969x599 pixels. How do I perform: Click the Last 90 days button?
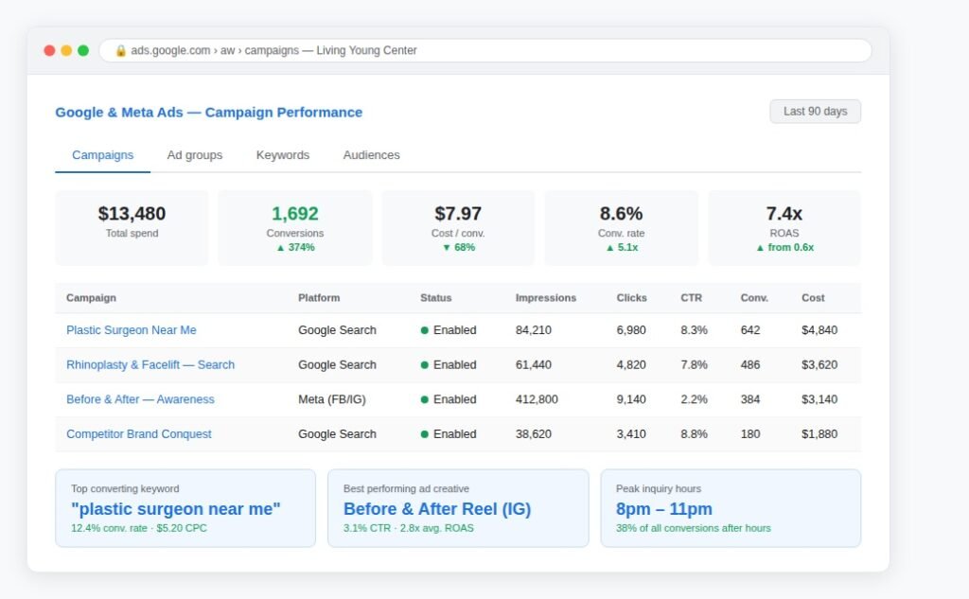pos(815,112)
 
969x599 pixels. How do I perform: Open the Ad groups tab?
pos(195,155)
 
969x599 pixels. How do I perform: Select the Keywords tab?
pos(282,155)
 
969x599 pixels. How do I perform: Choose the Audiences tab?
pos(371,155)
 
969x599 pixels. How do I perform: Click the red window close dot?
pos(49,51)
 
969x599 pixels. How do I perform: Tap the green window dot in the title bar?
pos(83,51)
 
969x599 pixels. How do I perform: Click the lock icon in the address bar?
pos(120,51)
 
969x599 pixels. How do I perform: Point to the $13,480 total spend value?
pos(132,213)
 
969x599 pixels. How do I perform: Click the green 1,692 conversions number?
pos(295,213)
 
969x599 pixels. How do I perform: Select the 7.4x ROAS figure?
pos(784,213)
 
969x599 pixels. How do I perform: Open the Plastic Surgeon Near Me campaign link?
pos(131,330)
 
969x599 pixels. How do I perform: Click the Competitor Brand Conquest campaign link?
pos(138,434)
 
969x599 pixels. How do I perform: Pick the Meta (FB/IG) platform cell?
pos(332,399)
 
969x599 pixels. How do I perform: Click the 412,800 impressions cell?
pos(537,399)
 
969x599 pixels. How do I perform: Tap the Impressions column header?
pos(546,298)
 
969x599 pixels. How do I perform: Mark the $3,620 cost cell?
pos(819,364)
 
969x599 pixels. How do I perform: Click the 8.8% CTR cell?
pos(694,434)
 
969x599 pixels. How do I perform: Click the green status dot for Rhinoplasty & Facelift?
pos(425,364)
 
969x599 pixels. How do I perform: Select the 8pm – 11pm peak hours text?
pos(663,509)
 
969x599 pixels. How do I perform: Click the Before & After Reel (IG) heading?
pos(437,509)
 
